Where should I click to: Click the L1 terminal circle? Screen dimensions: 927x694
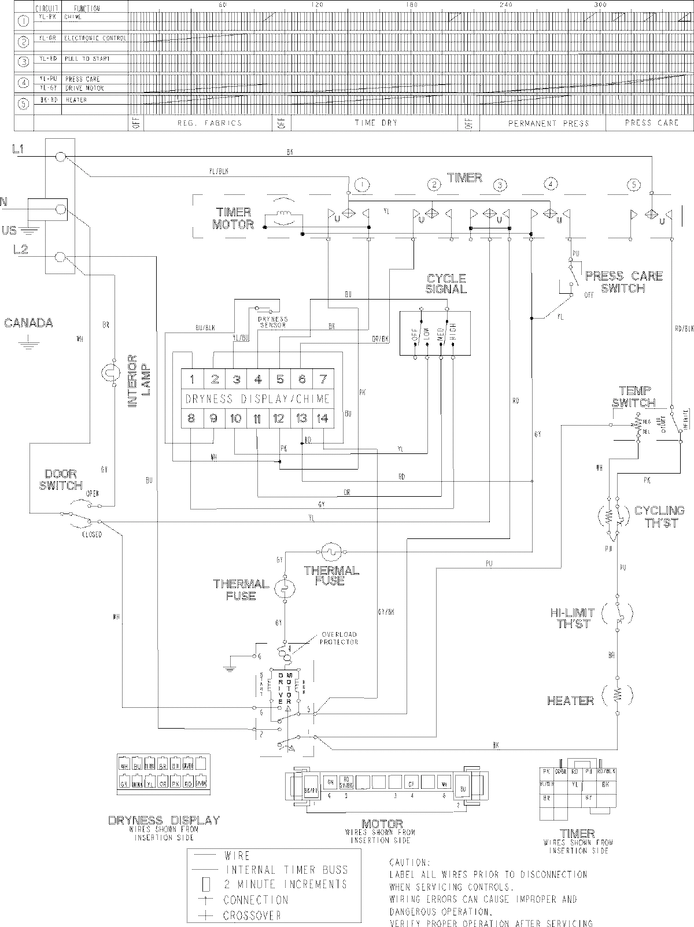click(x=60, y=157)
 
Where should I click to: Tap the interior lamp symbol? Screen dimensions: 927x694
click(x=108, y=373)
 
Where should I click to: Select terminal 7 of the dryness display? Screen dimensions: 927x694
click(x=323, y=380)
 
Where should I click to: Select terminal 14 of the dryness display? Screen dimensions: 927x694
click(x=323, y=419)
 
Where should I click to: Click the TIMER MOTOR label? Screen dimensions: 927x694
click(x=233, y=219)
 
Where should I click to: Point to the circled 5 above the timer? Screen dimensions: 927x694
click(x=634, y=185)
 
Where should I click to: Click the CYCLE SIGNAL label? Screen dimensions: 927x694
click(x=446, y=283)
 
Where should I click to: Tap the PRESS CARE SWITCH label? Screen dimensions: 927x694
click(x=623, y=282)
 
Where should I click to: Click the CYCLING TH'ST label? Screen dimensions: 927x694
click(x=659, y=516)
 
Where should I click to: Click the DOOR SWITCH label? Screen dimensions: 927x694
click(x=61, y=479)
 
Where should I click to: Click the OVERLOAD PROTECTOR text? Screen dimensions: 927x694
click(x=339, y=638)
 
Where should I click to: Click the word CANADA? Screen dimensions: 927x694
click(x=28, y=323)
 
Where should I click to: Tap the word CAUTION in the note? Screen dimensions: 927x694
click(x=409, y=862)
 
